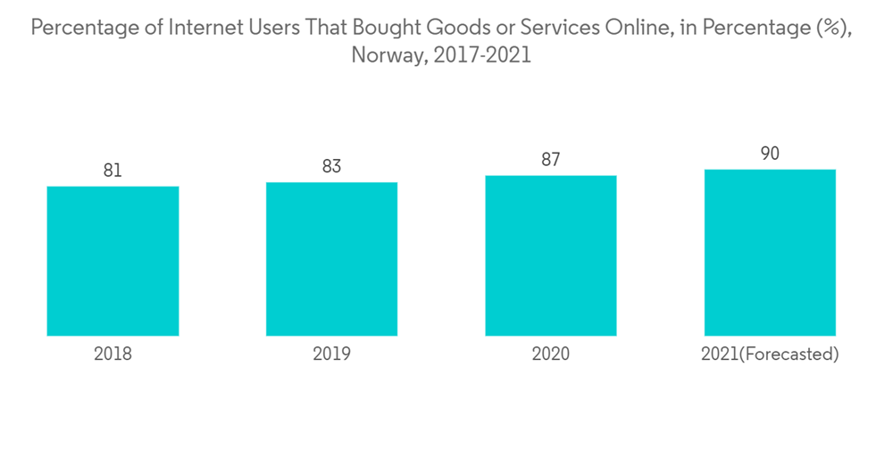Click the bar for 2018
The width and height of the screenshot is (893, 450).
113,261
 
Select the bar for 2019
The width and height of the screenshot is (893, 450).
331,259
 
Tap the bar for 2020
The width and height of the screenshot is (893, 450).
551,255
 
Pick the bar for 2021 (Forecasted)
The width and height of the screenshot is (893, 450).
770,253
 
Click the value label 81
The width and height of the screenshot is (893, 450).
113,171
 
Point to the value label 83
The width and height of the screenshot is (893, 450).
331,166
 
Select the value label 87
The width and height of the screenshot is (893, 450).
551,160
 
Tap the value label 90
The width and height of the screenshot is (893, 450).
770,154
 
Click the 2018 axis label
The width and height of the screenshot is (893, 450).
113,354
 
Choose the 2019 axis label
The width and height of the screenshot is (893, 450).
331,354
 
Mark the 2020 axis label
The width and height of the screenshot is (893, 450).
551,354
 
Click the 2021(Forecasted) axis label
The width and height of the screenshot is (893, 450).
770,354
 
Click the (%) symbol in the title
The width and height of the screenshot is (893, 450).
832,28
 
